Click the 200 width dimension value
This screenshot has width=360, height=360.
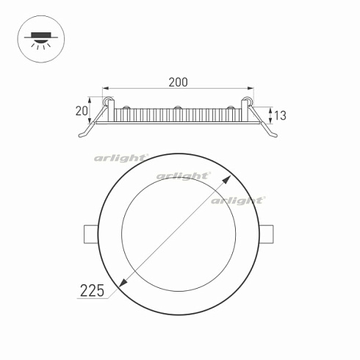[178, 82]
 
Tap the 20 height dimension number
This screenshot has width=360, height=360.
[82, 111]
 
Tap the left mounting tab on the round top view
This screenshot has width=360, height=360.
[88, 233]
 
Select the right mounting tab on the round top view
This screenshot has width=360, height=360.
[270, 233]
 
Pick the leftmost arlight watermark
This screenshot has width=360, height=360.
[120, 158]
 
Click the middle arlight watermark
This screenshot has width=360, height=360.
[183, 176]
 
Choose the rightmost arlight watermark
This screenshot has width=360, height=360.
[237, 200]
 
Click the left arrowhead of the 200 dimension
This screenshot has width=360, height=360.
[104, 88]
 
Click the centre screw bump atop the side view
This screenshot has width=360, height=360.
[178, 109]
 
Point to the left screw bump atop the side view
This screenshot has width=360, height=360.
[126, 109]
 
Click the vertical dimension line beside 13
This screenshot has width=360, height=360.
[273, 115]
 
